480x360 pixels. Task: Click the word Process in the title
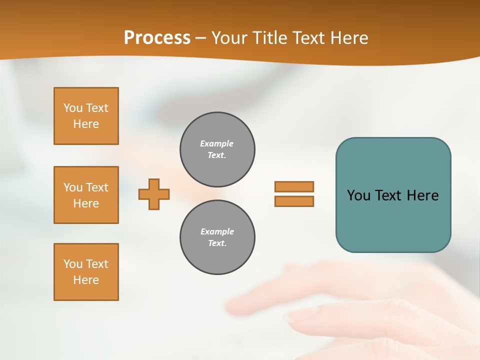coord(157,37)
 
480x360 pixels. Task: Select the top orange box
coord(86,116)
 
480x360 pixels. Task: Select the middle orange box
coord(86,195)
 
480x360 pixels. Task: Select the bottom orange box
coord(86,272)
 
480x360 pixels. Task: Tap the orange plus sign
coord(154,194)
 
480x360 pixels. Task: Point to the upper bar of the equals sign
coord(294,186)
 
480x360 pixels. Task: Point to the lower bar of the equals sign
coord(294,201)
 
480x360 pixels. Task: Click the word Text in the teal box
coord(388,195)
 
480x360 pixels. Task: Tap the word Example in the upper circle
coord(216,143)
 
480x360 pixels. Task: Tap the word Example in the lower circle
coord(216,231)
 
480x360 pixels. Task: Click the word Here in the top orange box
coord(86,124)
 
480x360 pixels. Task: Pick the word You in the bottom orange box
coord(73,264)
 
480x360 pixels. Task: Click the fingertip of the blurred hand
coord(292,315)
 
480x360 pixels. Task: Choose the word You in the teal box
coord(358,195)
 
